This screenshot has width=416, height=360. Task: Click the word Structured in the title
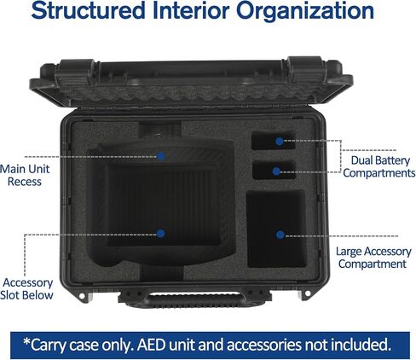88,10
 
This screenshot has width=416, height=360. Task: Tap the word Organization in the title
305,11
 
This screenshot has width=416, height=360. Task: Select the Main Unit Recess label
25,175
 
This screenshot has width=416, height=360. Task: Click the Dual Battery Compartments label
379,166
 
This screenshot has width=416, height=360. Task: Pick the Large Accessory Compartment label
373,258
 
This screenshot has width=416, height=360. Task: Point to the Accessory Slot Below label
26,289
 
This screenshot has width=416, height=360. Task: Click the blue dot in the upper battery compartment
280,142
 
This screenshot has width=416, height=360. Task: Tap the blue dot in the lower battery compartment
276,171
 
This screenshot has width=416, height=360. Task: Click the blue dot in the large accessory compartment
280,235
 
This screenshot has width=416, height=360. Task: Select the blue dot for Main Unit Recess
161,156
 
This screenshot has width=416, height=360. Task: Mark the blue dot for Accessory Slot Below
160,234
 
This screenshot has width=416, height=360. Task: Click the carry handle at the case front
195,300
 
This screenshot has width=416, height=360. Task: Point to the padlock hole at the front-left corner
82,296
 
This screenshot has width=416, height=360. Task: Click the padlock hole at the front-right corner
308,293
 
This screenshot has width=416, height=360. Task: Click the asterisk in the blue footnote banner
26,342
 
